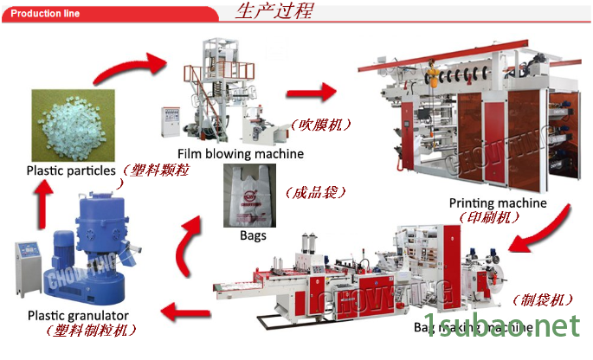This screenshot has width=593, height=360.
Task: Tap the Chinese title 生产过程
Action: click(274, 11)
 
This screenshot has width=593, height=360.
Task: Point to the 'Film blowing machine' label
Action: click(241, 154)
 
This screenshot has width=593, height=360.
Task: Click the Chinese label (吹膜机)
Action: click(322, 125)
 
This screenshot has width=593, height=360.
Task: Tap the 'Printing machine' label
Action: click(497, 203)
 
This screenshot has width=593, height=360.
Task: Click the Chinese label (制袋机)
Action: click(543, 299)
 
